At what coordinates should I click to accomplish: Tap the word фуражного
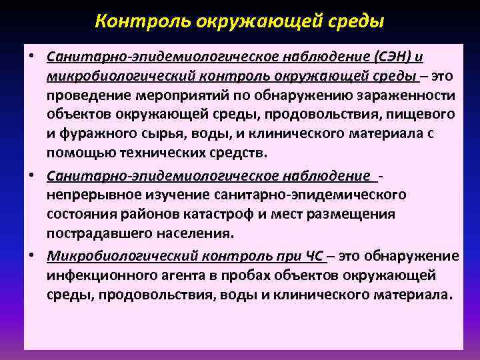pos(91,134)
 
